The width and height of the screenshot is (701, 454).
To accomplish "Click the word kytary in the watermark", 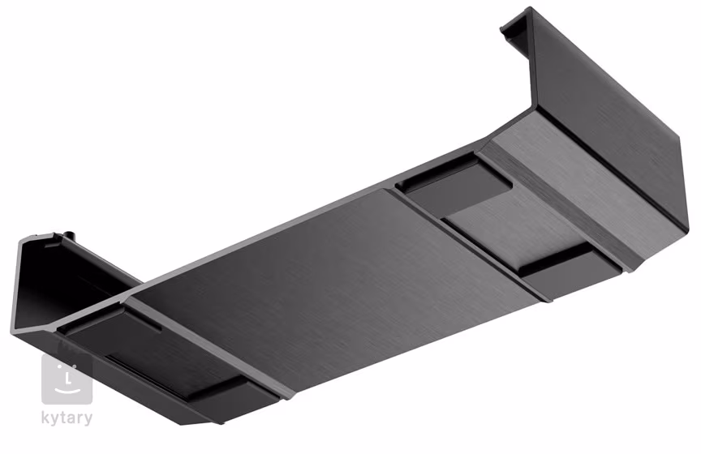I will pos(67,418).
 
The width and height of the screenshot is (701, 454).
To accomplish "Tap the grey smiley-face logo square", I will pos(67,379).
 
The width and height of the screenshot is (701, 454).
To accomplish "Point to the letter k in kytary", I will pos(47,418).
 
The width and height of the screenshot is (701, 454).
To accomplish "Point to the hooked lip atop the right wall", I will pos(516,28).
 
